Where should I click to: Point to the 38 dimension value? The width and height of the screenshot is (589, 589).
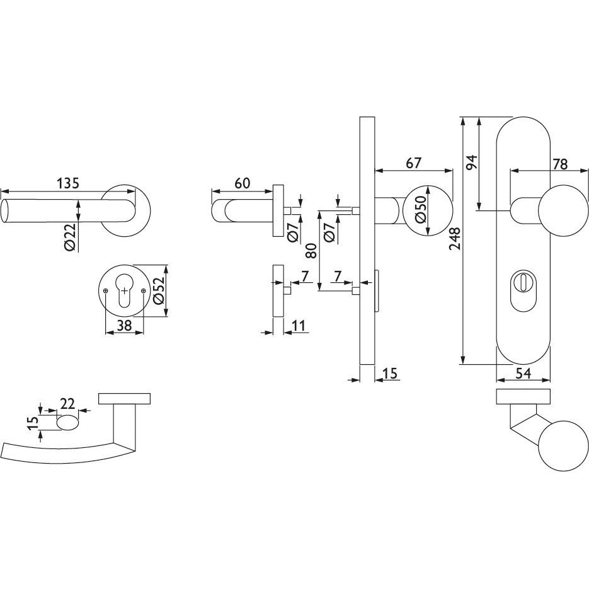tap(124, 325)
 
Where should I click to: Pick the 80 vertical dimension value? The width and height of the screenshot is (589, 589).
tap(311, 251)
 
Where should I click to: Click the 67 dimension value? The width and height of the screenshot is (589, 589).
tap(414, 163)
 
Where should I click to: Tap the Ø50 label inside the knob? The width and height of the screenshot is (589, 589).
tap(421, 210)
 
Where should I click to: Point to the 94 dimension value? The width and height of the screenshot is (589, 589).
tap(471, 161)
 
